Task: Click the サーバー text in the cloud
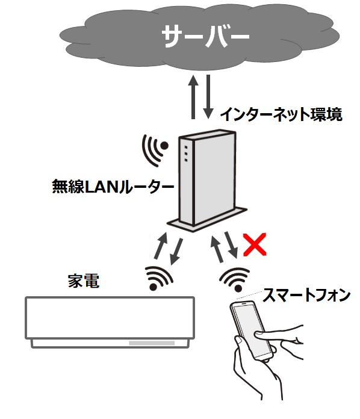[205, 37]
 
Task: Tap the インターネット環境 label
[281, 114]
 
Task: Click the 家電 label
[84, 281]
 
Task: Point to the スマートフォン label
[306, 295]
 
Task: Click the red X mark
[255, 244]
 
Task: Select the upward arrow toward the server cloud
[193, 97]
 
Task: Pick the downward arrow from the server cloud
[208, 97]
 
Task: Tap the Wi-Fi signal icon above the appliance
[159, 278]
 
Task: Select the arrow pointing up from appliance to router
[161, 246]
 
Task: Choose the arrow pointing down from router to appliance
[176, 252]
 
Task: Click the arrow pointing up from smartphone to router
[217, 249]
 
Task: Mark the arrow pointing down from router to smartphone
[231, 244]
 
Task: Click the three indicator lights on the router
[186, 154]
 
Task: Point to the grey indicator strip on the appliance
[152, 343]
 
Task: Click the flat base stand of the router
[207, 219]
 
